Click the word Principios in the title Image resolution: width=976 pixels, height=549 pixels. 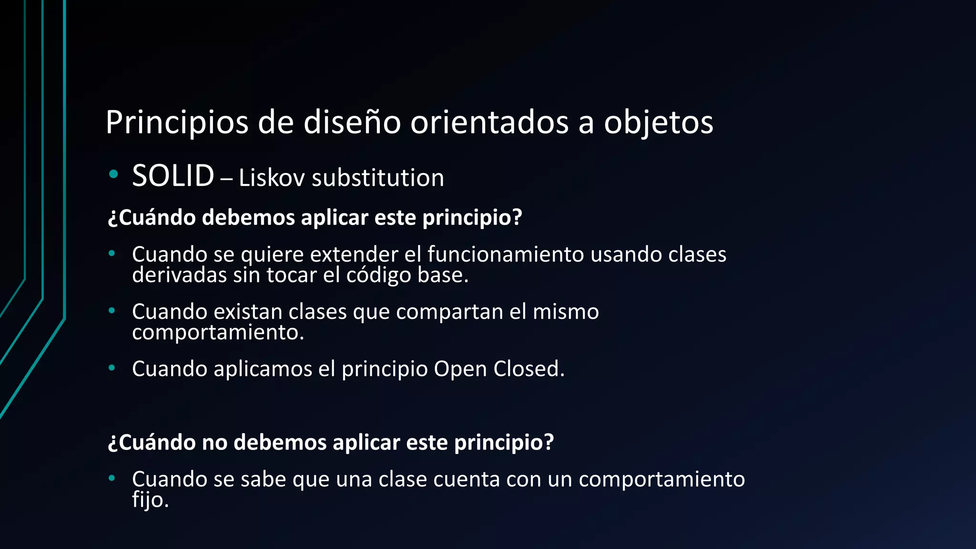point(176,123)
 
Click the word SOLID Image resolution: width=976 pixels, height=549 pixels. point(173,176)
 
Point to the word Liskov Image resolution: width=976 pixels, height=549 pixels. point(271,178)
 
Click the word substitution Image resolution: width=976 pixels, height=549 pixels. point(377,178)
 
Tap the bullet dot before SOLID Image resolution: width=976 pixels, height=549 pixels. point(113,175)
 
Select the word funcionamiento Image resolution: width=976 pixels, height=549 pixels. point(505,254)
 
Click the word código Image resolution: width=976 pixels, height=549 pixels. point(378,275)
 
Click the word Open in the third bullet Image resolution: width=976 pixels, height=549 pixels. point(460,369)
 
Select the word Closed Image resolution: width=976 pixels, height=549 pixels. point(529,369)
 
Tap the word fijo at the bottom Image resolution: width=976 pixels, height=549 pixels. point(150,500)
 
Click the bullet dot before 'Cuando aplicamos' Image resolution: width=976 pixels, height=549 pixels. point(112,368)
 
